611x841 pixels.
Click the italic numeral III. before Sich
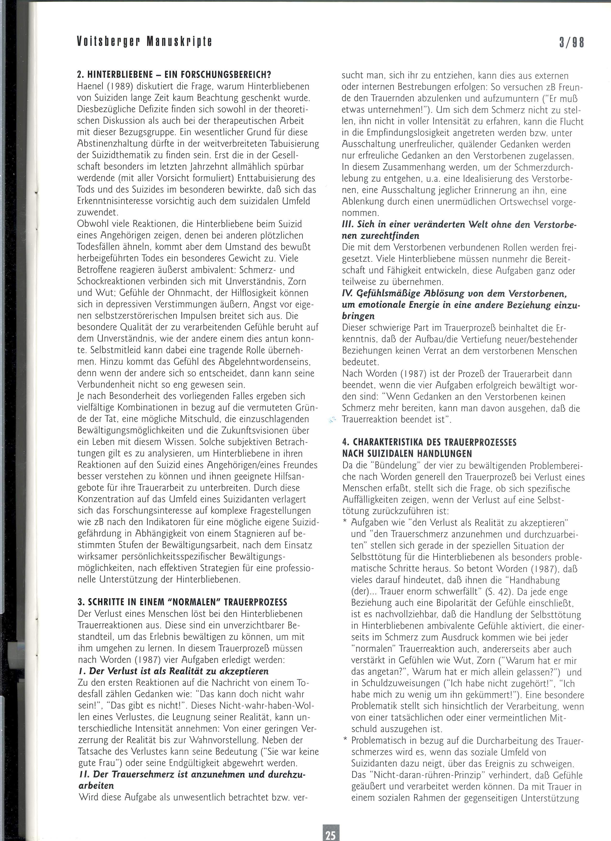point(348,225)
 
